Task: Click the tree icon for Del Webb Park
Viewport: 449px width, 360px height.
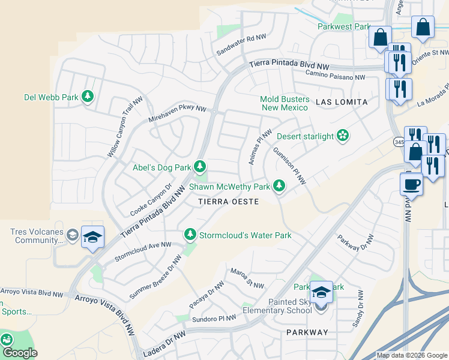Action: point(88,97)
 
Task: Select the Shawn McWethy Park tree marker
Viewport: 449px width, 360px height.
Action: point(279,187)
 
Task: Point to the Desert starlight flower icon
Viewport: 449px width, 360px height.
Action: point(342,136)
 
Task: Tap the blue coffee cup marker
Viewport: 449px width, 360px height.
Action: point(411,184)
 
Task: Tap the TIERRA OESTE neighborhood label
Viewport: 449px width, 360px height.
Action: point(229,202)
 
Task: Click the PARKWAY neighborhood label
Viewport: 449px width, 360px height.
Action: point(307,332)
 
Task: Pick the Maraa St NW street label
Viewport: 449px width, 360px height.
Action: point(247,278)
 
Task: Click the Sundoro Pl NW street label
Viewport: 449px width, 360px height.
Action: point(214,319)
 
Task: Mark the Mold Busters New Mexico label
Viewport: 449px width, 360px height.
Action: point(285,103)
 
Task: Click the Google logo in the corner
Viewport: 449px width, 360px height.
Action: point(20,352)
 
